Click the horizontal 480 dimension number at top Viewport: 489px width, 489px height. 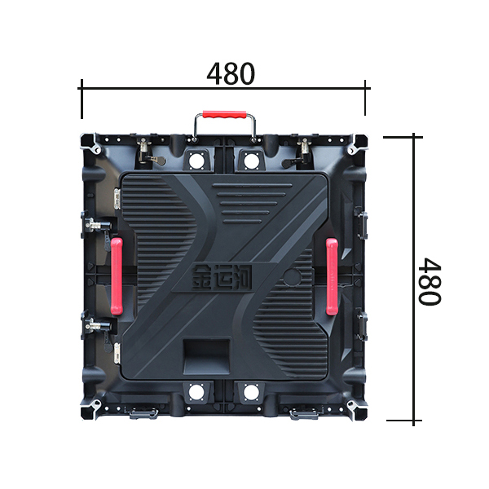click(x=231, y=74)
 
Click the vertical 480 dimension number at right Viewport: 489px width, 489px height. click(x=430, y=282)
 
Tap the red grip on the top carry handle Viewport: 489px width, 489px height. click(x=224, y=114)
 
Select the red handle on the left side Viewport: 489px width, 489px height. click(x=117, y=276)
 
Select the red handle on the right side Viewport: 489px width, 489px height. click(x=332, y=276)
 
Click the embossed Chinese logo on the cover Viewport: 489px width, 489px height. click(x=222, y=277)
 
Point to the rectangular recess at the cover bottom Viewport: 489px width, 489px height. click(x=207, y=356)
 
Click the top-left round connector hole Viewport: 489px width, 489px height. click(x=196, y=161)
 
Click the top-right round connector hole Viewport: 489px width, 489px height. click(x=251, y=161)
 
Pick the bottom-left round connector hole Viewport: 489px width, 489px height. click(x=196, y=392)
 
